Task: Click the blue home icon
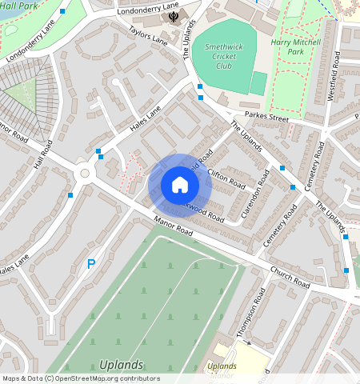180,186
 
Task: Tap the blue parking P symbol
91,263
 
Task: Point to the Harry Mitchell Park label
297,46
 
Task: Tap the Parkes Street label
266,116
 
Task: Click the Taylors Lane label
148,34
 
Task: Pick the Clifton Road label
226,176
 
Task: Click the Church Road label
290,277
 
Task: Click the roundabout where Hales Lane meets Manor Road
84,173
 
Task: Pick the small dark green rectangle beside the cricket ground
258,83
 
